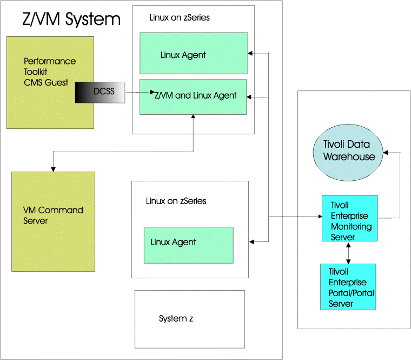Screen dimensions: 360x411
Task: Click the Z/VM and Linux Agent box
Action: coord(193,97)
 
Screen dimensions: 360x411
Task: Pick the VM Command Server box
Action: coord(53,221)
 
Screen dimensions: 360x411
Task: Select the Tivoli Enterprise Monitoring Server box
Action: coord(349,218)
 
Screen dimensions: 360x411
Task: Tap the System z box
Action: coord(189,319)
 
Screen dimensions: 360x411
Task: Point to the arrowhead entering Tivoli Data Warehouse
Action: coord(386,153)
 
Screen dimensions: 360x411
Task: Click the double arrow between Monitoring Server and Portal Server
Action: coord(348,252)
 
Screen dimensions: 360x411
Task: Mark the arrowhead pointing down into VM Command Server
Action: coord(53,168)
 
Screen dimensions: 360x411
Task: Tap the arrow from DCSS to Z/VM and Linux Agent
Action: coord(138,93)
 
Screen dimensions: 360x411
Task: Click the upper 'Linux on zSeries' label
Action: coord(179,18)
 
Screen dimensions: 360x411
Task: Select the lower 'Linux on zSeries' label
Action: coord(176,201)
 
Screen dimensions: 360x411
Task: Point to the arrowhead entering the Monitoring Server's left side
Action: coord(319,217)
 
